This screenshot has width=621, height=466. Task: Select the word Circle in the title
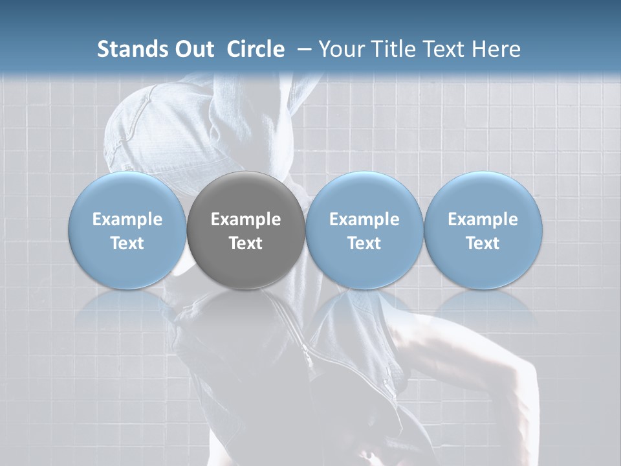pyautogui.click(x=256, y=49)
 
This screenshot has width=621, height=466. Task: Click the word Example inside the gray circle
pyautogui.click(x=246, y=219)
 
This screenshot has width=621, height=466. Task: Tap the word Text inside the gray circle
pyautogui.click(x=246, y=243)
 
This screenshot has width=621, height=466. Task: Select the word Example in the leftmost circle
pyautogui.click(x=127, y=219)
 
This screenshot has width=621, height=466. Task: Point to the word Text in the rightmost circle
pyautogui.click(x=483, y=243)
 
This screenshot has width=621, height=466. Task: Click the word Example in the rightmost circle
pyautogui.click(x=483, y=219)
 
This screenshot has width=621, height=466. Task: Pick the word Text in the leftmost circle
pyautogui.click(x=127, y=243)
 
